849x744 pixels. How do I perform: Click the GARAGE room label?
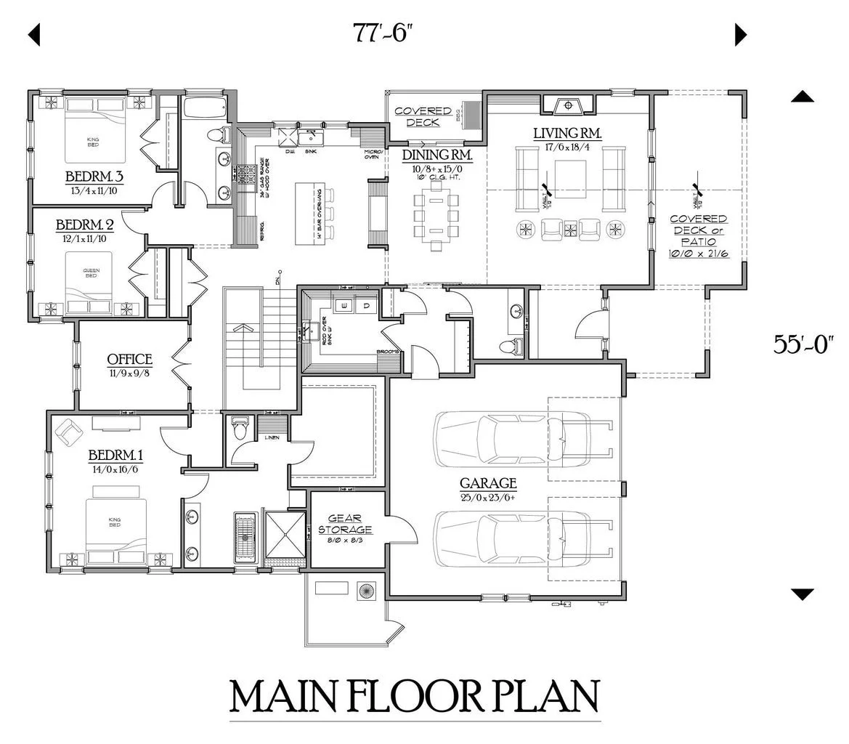tap(487, 483)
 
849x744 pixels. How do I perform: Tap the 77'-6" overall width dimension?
tap(383, 33)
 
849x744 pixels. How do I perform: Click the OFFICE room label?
tap(129, 360)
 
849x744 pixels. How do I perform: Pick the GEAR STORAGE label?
tap(345, 524)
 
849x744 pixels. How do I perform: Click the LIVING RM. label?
tap(567, 134)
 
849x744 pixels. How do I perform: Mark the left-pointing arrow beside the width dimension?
tap(33, 34)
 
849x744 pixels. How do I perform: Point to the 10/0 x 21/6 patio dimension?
tap(698, 254)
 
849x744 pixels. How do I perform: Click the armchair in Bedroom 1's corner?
tap(70, 433)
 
